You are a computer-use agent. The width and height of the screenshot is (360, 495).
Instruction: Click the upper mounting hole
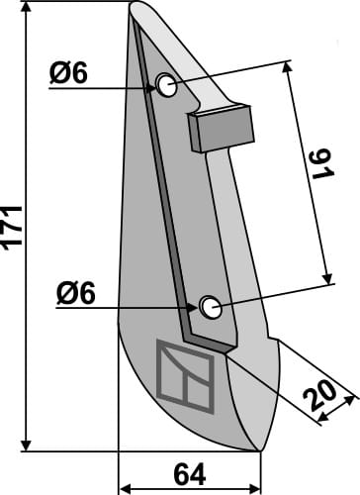coord(167,85)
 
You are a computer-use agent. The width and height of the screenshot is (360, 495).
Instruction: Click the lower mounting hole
coord(210,307)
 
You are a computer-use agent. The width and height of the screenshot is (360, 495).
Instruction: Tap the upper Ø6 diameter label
coord(68,73)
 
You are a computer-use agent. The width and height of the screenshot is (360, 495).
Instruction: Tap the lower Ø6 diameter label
coord(76,293)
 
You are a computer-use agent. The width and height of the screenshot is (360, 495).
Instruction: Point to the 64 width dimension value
coord(190,475)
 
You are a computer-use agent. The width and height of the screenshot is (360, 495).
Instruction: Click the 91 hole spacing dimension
coord(322,164)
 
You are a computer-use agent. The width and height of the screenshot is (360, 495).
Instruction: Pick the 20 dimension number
coord(319,395)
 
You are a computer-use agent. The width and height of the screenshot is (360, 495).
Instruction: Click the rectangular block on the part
coord(221,128)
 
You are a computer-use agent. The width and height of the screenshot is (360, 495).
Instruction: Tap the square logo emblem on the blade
coord(185,376)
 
